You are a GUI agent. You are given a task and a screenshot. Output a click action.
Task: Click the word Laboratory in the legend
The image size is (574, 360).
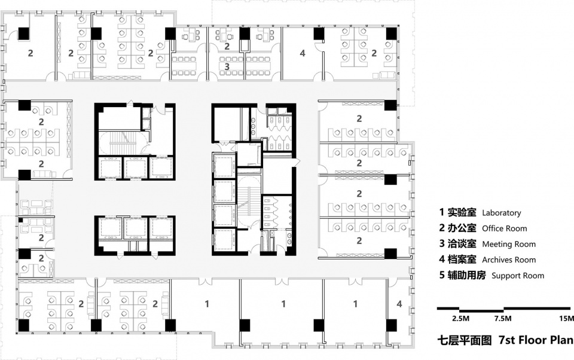tap(501, 213)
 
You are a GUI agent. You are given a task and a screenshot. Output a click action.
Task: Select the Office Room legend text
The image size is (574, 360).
tap(505, 228)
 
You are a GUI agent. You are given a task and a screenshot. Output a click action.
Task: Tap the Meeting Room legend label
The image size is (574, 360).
tap(509, 244)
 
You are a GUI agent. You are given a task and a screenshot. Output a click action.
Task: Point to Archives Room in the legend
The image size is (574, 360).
tap(509, 260)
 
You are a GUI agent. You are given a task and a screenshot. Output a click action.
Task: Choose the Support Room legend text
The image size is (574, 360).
tap(518, 276)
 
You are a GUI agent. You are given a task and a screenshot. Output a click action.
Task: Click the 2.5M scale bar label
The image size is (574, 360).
tap(460, 319)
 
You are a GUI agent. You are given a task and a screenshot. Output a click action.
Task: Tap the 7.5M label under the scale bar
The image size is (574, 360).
tap(503, 319)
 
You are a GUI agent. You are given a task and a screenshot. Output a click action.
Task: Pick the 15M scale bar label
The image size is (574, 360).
tap(566, 319)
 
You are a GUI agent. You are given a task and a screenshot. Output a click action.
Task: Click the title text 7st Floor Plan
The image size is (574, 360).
tap(536, 340)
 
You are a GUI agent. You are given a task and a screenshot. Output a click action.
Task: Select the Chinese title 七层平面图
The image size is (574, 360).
tap(465, 340)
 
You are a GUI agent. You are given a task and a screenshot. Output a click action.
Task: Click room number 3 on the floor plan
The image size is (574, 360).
tap(227, 66)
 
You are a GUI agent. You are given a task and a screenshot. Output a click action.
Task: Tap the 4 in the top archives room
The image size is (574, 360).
tap(303, 53)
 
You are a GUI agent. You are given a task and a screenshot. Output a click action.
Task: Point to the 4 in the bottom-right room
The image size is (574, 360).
tap(399, 304)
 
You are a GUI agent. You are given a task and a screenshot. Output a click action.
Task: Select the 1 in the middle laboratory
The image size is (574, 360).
tap(283, 304)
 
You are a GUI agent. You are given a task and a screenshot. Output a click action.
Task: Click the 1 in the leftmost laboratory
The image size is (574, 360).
tap(207, 304)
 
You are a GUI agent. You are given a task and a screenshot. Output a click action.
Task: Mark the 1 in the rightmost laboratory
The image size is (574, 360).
tap(355, 304)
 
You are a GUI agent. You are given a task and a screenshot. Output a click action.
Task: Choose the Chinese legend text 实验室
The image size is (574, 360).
tap(462, 212)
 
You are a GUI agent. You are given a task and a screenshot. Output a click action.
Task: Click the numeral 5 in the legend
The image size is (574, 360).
tap(442, 276)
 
